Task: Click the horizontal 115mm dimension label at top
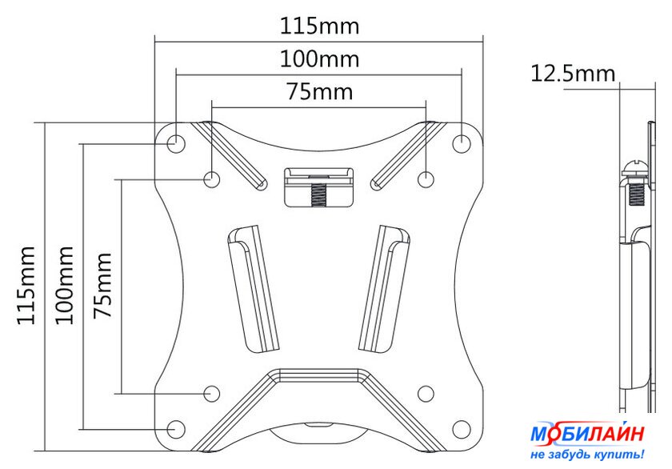[x=319, y=26]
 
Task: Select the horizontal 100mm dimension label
[x=319, y=58]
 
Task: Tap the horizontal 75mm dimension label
[x=320, y=92]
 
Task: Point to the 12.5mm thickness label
[x=573, y=74]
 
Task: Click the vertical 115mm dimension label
[x=26, y=285]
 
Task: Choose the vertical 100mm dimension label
[x=65, y=285]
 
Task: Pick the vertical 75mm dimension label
[x=103, y=285]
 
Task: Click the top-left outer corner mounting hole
[x=176, y=142]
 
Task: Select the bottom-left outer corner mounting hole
[x=176, y=429]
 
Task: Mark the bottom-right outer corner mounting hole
[x=462, y=429]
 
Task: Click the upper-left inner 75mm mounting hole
[x=212, y=178]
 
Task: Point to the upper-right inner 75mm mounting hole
[x=426, y=178]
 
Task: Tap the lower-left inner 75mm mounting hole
[x=212, y=393]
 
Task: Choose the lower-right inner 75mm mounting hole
[x=426, y=393]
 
